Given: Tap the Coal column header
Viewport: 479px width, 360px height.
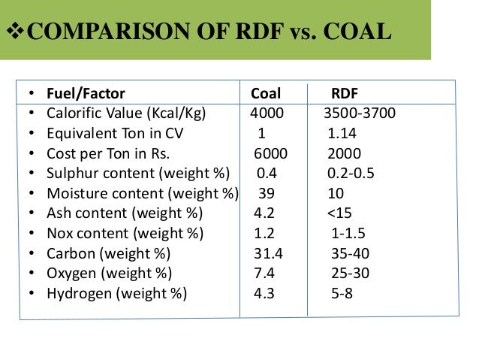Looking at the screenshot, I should pos(266,94).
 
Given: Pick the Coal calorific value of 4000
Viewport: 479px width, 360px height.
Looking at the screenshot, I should pos(268,114).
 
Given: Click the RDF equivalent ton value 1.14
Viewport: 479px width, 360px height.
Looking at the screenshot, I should pos(342,134).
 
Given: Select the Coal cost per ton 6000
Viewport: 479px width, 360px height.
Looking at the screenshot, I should pos(270,154).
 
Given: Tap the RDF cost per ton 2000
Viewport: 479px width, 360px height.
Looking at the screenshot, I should pos(344,154).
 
